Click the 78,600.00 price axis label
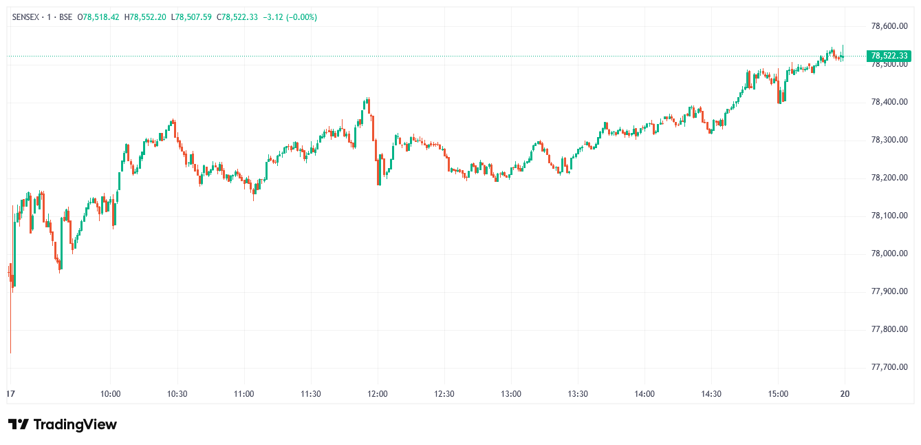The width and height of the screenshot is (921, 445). point(889,26)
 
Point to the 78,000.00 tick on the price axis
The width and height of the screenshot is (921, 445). point(889,253)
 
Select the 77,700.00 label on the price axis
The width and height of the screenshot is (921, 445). point(889,367)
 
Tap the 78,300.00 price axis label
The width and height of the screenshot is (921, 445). point(889,140)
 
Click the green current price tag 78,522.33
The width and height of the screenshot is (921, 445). point(889,56)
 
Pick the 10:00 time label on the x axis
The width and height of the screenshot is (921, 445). point(111,394)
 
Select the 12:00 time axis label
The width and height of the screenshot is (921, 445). point(378,394)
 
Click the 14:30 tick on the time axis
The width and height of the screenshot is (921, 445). point(711,394)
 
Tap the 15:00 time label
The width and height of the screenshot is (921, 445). point(778,394)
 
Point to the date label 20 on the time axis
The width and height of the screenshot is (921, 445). point(845,394)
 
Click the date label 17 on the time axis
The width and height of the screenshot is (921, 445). point(10,394)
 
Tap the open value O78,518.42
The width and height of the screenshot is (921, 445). point(98,17)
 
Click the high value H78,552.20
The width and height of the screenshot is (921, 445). point(145,17)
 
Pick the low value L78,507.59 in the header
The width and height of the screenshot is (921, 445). point(192,17)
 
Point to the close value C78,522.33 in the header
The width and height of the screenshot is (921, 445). point(237,17)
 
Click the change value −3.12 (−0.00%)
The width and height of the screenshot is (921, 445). point(290,17)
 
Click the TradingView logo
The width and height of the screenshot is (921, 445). point(63,424)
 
